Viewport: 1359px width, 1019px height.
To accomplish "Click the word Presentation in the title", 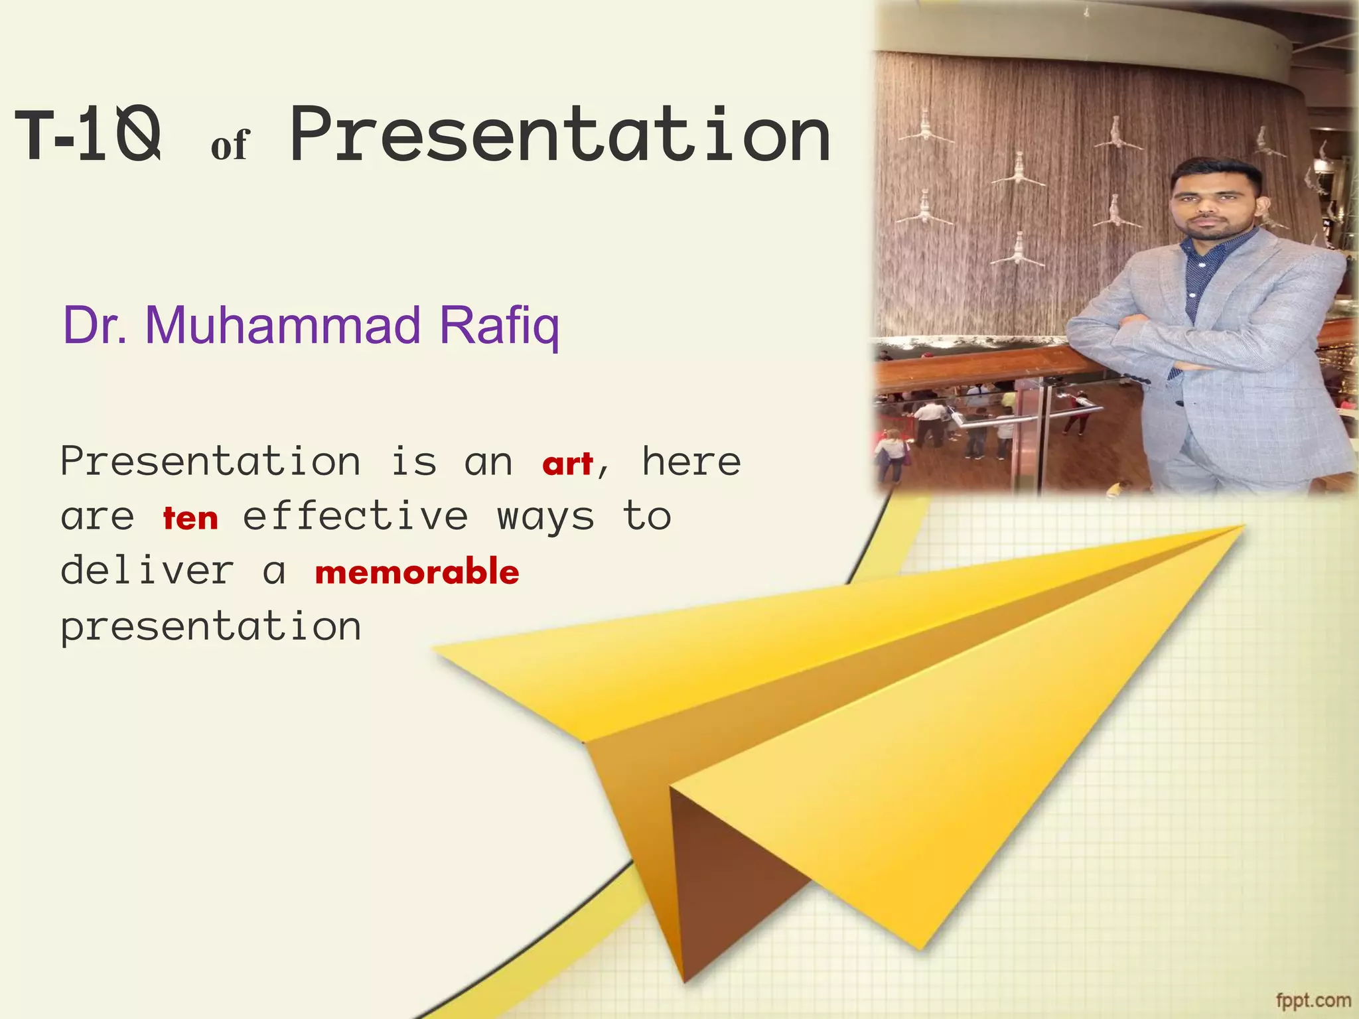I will pyautogui.click(x=561, y=136).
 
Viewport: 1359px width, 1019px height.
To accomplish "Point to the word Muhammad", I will pyautogui.click(x=283, y=325).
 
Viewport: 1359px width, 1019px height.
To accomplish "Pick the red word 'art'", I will pyautogui.click(x=567, y=464).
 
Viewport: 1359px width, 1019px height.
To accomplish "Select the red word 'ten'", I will pyautogui.click(x=190, y=519).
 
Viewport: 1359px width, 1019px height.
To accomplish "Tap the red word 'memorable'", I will pyautogui.click(x=417, y=573).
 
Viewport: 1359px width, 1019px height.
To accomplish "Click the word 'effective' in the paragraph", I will pyautogui.click(x=356, y=517).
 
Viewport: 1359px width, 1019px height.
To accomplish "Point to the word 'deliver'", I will pyautogui.click(x=147, y=571).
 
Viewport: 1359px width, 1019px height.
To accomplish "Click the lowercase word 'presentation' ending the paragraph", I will pyautogui.click(x=211, y=627).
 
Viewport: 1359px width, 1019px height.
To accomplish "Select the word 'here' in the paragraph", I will pyautogui.click(x=691, y=462).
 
